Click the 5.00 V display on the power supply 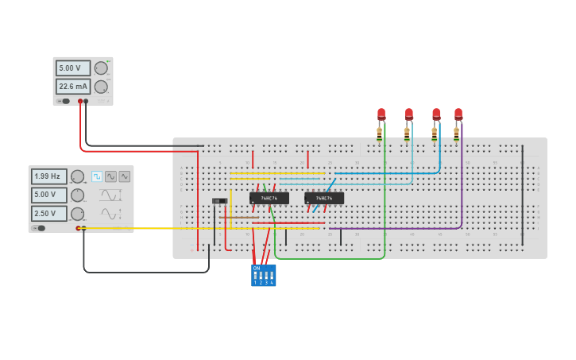pyautogui.click(x=72, y=68)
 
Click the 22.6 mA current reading pyautogui.click(x=72, y=87)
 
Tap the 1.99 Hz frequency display pyautogui.click(x=48, y=176)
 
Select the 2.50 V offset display pyautogui.click(x=48, y=214)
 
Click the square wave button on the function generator pyautogui.click(x=97, y=176)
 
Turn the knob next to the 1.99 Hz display pyautogui.click(x=77, y=176)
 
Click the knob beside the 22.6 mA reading pyautogui.click(x=101, y=87)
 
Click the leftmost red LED pyautogui.click(x=381, y=114)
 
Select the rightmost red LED pyautogui.click(x=458, y=114)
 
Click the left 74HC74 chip pyautogui.click(x=269, y=198)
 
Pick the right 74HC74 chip pyautogui.click(x=324, y=198)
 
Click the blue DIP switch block pyautogui.click(x=263, y=275)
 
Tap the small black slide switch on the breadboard pyautogui.click(x=219, y=202)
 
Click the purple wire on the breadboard pyautogui.click(x=462, y=183)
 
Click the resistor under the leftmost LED pyautogui.click(x=380, y=134)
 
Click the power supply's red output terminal pyautogui.click(x=80, y=101)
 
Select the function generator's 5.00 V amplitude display pyautogui.click(x=48, y=195)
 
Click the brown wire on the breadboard pyautogui.click(x=238, y=216)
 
